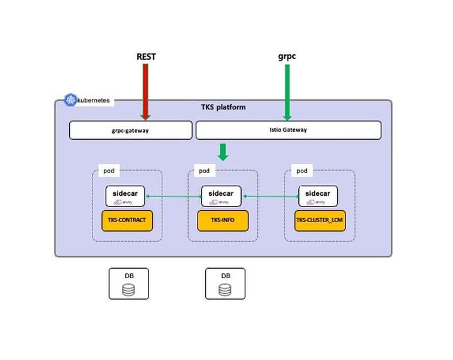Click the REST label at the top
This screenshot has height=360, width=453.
pos(146,57)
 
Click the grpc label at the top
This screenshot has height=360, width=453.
pos(287,56)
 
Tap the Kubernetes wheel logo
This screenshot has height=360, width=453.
pos(70,99)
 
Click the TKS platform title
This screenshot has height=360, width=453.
pos(223,107)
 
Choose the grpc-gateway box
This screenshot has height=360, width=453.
pos(130,130)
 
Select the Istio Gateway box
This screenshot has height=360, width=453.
pos(288,130)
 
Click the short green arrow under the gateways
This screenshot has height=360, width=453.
pos(222,152)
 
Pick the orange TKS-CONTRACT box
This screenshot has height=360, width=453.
pos(127,221)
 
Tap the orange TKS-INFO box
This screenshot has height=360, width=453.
pos(223,221)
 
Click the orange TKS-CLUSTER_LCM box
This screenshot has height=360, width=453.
pos(320,221)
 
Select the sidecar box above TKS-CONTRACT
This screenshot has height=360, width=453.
pos(125,196)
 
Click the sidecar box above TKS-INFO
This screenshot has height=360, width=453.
pos(221,196)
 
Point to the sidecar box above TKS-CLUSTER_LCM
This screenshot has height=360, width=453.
pos(318,196)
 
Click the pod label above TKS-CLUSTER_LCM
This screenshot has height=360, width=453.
pos(302,171)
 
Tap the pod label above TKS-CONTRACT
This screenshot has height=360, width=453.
pos(109,171)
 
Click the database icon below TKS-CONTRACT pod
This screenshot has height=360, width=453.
pos(129,290)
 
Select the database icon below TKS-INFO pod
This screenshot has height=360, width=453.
pos(225,290)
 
